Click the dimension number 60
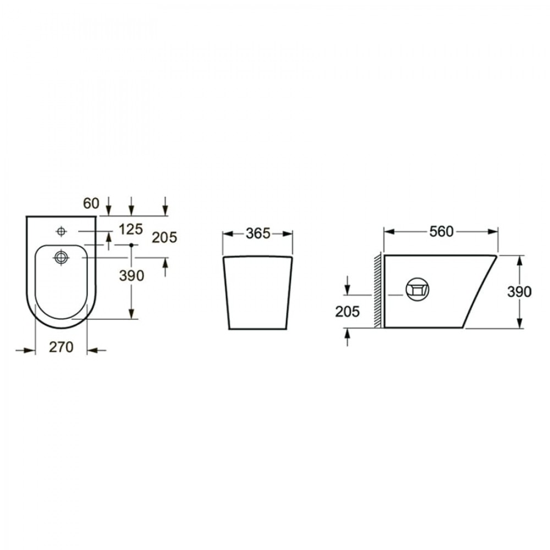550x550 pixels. [91, 204]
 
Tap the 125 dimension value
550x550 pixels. [130, 229]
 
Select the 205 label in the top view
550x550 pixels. [164, 238]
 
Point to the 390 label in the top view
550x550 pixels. [131, 276]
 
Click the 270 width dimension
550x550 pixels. [61, 347]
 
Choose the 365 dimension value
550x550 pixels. [258, 234]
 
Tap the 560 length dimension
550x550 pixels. [441, 232]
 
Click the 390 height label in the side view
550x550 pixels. [519, 292]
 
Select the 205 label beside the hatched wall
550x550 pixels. [347, 311]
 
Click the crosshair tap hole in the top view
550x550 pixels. [62, 231]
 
